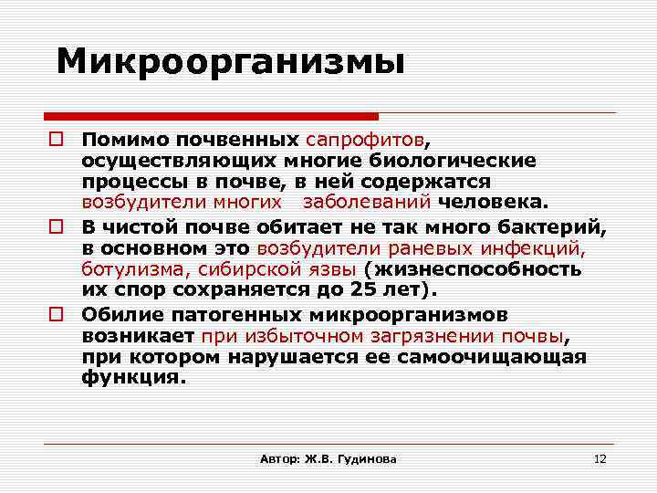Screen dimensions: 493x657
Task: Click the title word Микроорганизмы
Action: [230, 62]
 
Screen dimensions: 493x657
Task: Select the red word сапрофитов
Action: [365, 140]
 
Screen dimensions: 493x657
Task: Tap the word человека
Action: [493, 202]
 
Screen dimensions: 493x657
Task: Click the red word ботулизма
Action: [124, 269]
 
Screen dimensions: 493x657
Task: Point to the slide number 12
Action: [600, 458]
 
